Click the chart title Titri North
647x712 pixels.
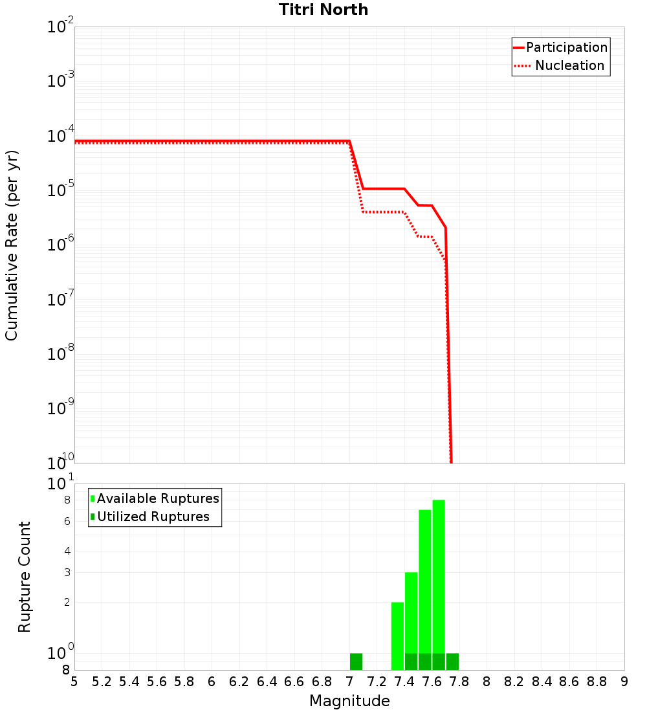[323, 10]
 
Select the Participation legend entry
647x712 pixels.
[567, 47]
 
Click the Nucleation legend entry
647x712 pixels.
[569, 65]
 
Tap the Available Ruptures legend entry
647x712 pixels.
[158, 498]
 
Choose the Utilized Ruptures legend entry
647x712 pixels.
[153, 517]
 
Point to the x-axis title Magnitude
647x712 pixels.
[349, 701]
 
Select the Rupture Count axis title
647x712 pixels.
[25, 577]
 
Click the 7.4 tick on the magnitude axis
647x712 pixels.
[404, 682]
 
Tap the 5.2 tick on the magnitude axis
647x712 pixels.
[102, 682]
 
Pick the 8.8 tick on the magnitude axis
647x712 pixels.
[597, 682]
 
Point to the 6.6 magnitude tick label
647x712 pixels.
[294, 682]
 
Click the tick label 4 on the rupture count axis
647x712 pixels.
[67, 551]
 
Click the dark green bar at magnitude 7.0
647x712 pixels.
[356, 662]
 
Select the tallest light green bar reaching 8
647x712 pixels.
[439, 576]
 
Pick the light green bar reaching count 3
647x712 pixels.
[411, 612]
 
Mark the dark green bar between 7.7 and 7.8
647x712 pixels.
[452, 662]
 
